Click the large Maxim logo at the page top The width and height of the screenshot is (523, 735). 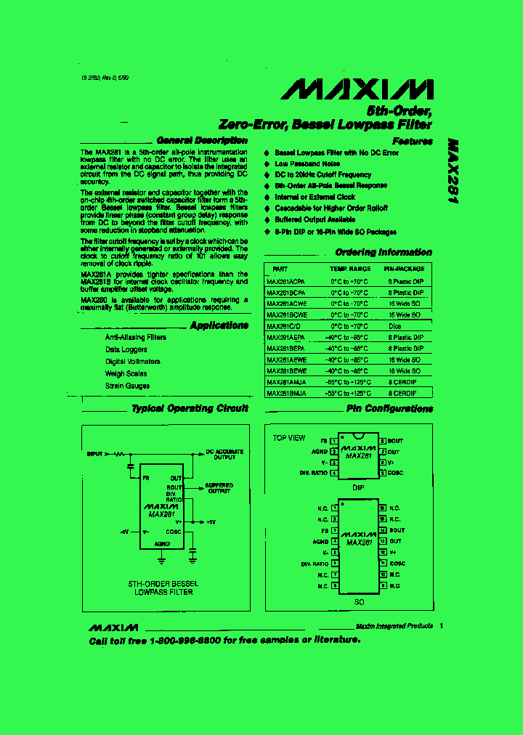(x=357, y=89)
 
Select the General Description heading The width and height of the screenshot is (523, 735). (x=202, y=140)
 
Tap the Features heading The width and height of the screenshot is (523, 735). (x=412, y=142)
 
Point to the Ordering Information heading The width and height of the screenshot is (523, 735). (x=384, y=253)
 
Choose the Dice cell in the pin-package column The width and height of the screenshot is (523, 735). (x=395, y=326)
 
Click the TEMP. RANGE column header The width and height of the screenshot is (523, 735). (x=350, y=269)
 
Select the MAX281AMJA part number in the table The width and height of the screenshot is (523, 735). (x=286, y=382)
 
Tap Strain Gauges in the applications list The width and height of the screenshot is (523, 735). (x=127, y=386)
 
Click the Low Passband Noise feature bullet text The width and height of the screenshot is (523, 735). (x=309, y=164)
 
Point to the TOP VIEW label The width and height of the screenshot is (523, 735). (x=289, y=438)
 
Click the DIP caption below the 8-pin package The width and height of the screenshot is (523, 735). (x=359, y=487)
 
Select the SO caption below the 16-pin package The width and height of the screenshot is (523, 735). (x=359, y=602)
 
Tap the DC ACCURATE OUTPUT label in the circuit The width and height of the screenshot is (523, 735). (x=224, y=455)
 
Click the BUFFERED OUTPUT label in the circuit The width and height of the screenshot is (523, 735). (x=219, y=488)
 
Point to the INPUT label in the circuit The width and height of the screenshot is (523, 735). (x=94, y=453)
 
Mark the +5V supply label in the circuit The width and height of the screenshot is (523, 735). (x=210, y=522)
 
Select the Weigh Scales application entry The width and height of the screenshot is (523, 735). (x=126, y=373)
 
